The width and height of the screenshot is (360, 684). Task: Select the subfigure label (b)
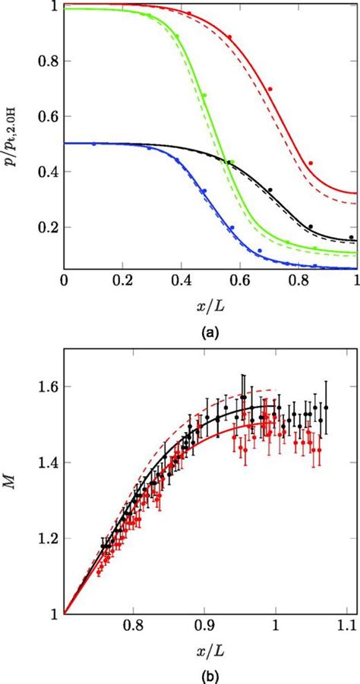[210, 672]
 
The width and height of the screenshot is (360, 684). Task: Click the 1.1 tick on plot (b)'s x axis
[346, 626]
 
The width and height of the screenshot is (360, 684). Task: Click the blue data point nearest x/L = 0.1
[94, 143]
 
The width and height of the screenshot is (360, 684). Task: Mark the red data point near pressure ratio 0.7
[270, 89]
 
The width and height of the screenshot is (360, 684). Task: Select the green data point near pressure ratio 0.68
[204, 96]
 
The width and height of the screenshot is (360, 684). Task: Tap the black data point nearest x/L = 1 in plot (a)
[352, 216]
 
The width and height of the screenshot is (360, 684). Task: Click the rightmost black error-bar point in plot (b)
[326, 408]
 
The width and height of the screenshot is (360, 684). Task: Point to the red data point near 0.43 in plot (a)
[311, 163]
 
